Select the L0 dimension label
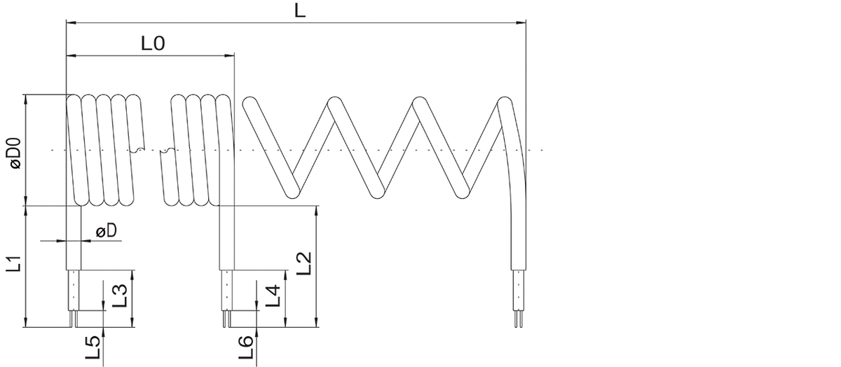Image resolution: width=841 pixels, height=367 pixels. click(153, 43)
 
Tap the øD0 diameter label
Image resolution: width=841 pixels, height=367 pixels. click(15, 153)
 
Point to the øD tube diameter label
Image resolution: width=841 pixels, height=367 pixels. click(107, 231)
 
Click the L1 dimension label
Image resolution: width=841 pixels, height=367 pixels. click(14, 263)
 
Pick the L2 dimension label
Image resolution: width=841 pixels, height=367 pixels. click(304, 263)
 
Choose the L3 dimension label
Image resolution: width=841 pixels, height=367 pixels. click(120, 296)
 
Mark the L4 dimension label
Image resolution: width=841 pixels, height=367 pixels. click(273, 296)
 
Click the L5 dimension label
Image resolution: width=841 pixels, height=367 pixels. click(93, 347)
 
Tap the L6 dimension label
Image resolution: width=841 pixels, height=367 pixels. click(246, 347)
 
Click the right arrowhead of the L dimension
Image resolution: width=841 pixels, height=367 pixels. click(521, 22)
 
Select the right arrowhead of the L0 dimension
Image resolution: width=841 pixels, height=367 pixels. click(229, 55)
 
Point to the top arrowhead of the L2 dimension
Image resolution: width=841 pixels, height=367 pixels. click(317, 211)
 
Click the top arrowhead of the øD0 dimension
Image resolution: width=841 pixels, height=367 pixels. click(25, 99)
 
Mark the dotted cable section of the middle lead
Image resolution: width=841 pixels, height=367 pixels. click(227, 290)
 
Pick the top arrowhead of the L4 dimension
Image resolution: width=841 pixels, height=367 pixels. click(286, 275)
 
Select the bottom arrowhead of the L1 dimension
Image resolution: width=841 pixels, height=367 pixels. click(25, 322)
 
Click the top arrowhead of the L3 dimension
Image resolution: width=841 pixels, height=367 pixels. click(132, 275)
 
